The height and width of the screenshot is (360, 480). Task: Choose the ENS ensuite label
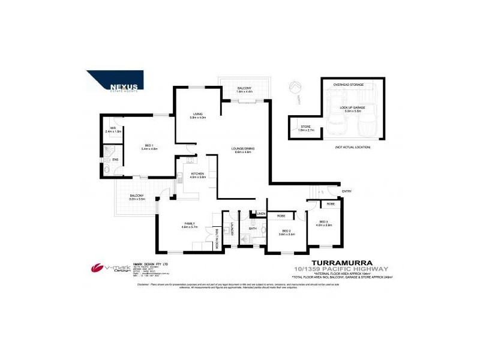(115, 159)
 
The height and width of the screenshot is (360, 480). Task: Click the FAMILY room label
(190, 224)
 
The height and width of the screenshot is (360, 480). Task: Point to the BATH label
(253, 228)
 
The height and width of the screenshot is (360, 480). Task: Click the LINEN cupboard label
(261, 214)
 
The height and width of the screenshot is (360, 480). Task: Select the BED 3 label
(325, 223)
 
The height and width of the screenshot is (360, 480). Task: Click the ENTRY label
(347, 191)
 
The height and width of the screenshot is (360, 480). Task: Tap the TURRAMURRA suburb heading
(340, 262)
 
